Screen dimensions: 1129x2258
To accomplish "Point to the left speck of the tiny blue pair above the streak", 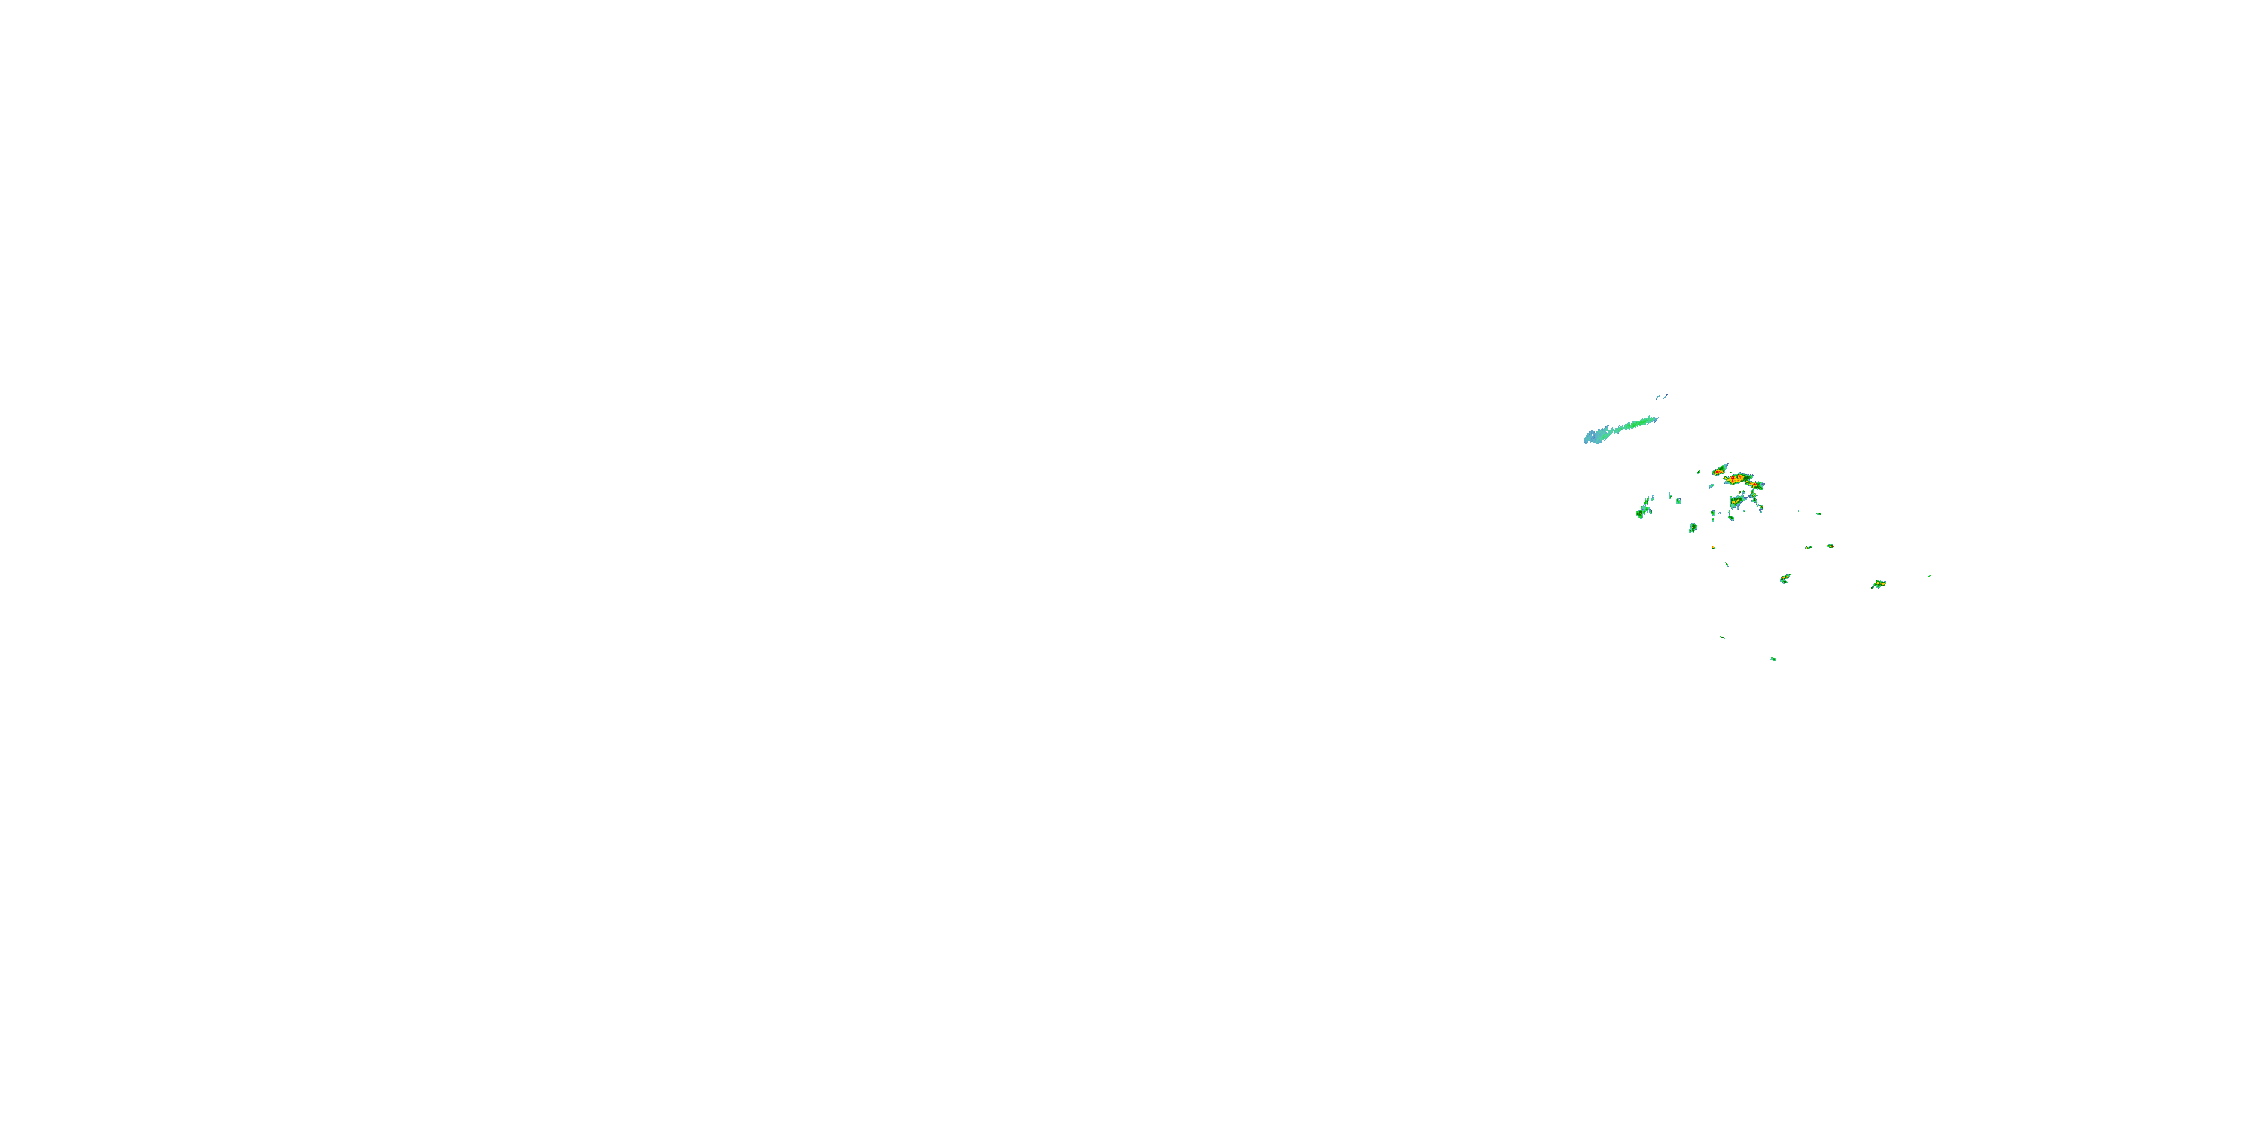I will (x=1658, y=398).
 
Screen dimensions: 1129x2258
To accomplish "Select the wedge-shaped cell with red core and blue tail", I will (x=1719, y=472).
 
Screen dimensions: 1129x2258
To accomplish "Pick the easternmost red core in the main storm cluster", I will (x=1756, y=485).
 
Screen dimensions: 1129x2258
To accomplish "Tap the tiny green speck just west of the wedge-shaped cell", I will (x=1699, y=473).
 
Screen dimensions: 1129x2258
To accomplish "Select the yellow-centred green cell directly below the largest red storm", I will (x=1736, y=501).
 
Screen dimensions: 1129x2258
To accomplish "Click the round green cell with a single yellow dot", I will (x=1693, y=528).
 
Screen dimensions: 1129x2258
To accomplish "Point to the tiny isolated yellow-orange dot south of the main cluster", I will (x=1714, y=548).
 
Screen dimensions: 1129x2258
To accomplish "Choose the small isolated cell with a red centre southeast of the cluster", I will (x=1830, y=546).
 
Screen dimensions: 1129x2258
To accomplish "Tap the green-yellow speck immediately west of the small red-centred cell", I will (x=1809, y=548).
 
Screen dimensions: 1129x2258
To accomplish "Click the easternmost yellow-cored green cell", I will (x=1880, y=584).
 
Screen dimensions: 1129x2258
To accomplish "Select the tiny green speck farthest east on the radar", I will (x=1929, y=577).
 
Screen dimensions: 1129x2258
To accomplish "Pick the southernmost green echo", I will (x=1774, y=659).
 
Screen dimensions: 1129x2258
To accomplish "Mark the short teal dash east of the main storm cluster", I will (x=1819, y=515).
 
